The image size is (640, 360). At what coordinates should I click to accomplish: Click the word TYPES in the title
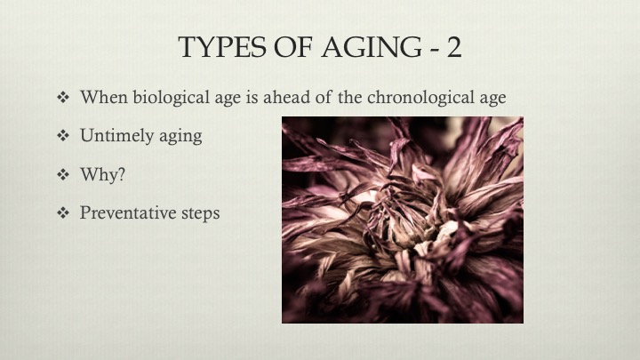222,47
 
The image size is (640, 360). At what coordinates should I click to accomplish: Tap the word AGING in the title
372,47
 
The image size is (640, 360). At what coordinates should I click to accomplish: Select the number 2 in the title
454,47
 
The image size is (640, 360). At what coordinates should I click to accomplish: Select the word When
104,97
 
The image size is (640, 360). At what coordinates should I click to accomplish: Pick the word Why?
102,174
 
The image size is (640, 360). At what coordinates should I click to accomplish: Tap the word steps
200,213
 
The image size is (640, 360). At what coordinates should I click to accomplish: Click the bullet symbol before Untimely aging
63,135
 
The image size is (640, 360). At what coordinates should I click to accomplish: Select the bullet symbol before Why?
63,174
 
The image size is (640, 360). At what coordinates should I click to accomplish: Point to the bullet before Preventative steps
63,212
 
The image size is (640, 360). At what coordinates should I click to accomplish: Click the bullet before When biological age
63,97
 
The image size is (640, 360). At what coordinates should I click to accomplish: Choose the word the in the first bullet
350,97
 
